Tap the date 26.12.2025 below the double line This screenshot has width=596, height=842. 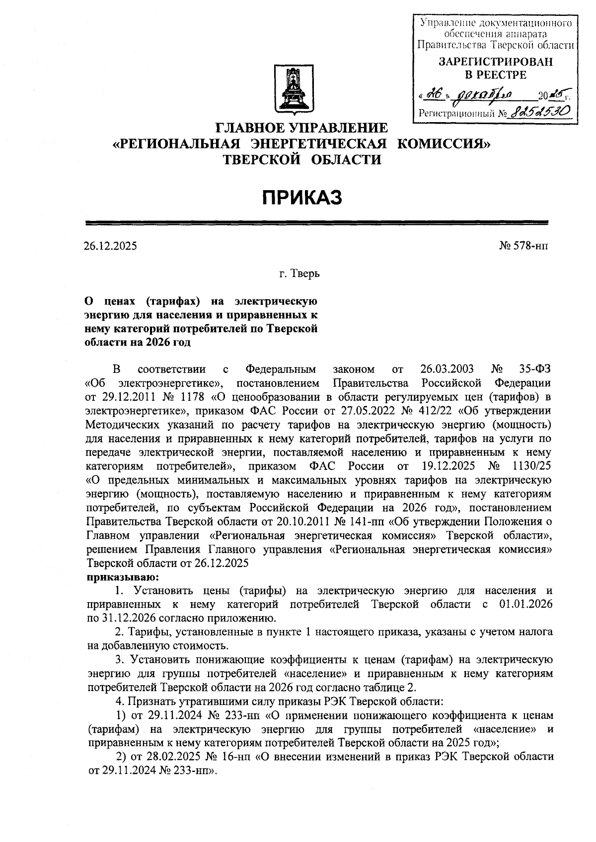(x=110, y=246)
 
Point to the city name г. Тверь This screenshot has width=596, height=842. (x=298, y=274)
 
